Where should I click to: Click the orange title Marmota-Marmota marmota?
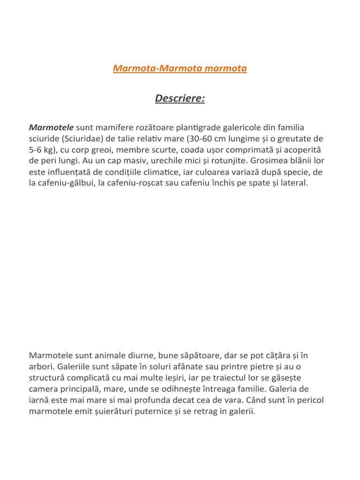(x=180, y=68)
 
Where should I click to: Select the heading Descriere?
(x=180, y=99)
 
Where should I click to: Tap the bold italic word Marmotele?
(x=51, y=127)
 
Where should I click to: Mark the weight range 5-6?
(x=36, y=150)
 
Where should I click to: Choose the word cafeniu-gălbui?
(x=66, y=183)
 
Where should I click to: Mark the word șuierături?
(x=103, y=411)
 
